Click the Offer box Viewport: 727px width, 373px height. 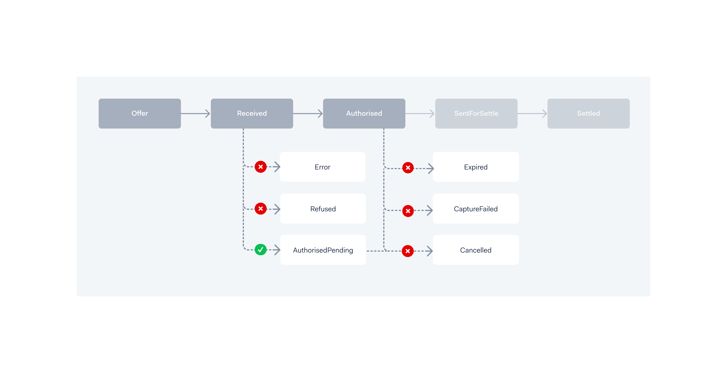(140, 114)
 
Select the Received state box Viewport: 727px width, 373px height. (252, 114)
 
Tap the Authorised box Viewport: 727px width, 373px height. (364, 114)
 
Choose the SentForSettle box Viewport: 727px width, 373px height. (476, 114)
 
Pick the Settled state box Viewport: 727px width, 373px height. (589, 114)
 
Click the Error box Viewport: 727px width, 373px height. (323, 167)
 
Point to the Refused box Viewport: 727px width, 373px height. (323, 209)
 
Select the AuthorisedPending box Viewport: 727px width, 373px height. (323, 250)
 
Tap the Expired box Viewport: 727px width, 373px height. (476, 167)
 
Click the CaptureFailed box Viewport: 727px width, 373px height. (476, 209)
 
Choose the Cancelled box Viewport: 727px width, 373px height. (476, 250)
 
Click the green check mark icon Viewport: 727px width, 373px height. (261, 250)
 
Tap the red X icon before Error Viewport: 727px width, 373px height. (261, 167)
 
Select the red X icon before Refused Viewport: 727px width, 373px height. (261, 209)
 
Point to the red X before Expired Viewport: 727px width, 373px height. (408, 168)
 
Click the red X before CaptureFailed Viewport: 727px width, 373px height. (408, 211)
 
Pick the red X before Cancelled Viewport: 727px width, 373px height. (408, 251)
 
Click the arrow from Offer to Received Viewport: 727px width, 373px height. (196, 114)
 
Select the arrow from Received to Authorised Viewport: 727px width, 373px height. (308, 114)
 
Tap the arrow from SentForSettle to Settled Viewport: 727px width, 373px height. (532, 114)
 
